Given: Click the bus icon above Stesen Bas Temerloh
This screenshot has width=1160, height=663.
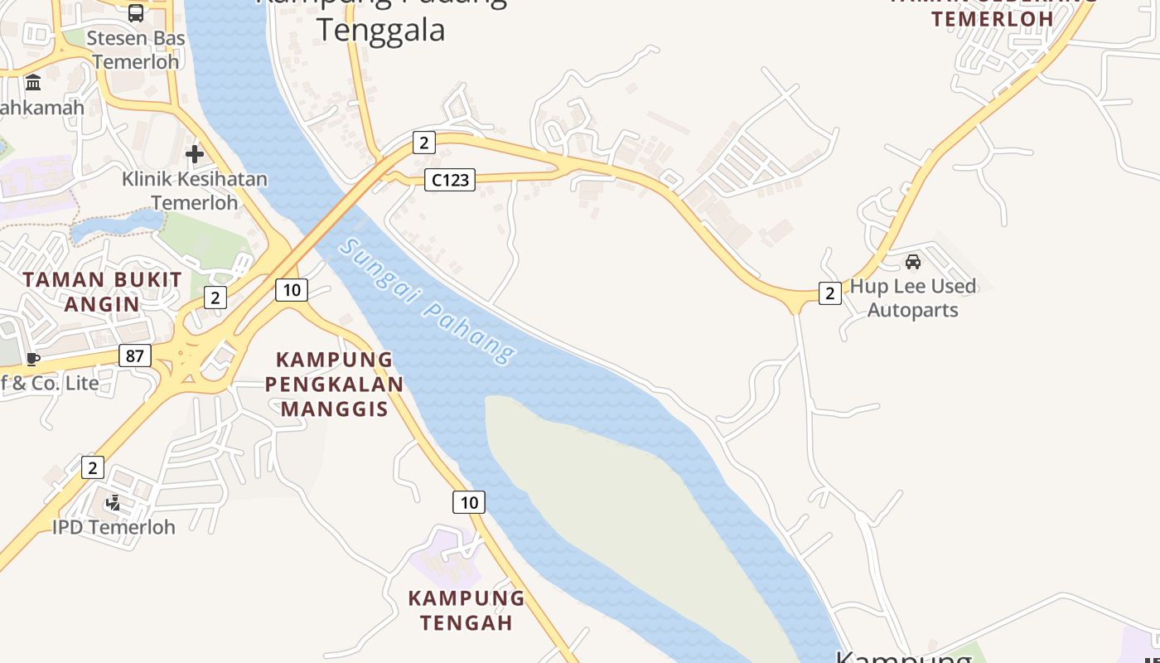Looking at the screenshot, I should point(135,12).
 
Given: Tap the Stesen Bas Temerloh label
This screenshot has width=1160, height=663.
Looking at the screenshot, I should point(136,50).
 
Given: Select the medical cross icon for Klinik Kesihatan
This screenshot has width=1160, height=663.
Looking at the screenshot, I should point(195,154).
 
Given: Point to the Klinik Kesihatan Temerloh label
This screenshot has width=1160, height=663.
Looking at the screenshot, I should point(195,191).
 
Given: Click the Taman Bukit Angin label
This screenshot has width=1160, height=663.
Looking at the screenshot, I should point(102,292).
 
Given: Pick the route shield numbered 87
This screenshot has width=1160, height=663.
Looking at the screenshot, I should point(134,356).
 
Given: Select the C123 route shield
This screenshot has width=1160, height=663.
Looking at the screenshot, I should point(450,179).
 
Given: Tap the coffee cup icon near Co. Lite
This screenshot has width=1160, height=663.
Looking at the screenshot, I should point(32,359).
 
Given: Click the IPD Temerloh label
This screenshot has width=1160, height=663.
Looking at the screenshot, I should point(114,527).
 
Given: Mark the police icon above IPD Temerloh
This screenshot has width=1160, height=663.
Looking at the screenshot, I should point(114,503).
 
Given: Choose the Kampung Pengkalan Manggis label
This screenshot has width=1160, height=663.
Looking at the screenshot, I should point(334,384).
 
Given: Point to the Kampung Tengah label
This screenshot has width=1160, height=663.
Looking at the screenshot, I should point(466,610).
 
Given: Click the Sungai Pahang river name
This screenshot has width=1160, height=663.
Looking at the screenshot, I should point(428,302).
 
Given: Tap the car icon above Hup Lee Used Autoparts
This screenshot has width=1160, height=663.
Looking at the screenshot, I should point(913,262).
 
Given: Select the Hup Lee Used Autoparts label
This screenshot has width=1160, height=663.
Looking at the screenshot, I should point(913,298).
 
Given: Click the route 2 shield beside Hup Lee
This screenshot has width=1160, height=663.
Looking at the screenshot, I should point(829,293).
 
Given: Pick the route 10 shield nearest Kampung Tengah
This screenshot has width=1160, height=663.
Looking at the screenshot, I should point(469,501).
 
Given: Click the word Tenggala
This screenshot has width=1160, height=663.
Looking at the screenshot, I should point(381,30).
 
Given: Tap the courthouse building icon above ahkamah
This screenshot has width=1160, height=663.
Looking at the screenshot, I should point(33,83).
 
